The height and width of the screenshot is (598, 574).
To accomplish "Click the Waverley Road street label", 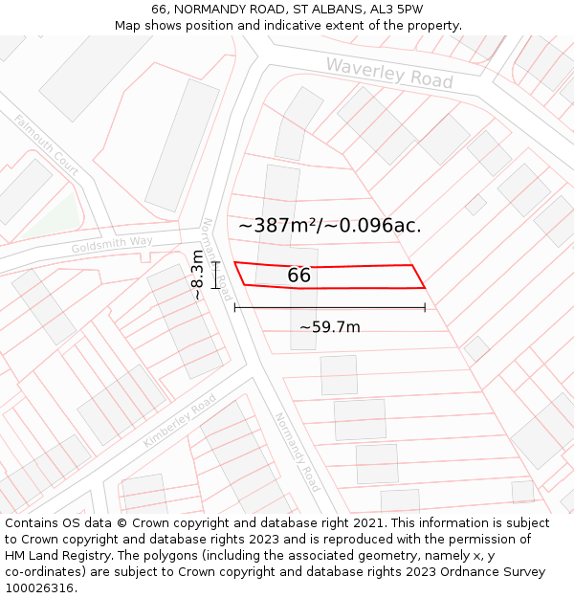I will pos(388,73).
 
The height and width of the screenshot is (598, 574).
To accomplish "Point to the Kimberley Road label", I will pos(179,421).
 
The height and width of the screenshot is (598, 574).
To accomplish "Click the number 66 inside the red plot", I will pos(298,276).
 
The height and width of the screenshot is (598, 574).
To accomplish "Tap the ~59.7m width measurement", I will pos(329,327).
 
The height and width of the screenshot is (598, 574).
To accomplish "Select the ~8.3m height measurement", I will pos(197,275).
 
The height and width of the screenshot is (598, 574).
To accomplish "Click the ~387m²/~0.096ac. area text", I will pos(329,226).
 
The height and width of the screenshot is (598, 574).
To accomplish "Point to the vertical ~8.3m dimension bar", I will pos(216,275).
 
